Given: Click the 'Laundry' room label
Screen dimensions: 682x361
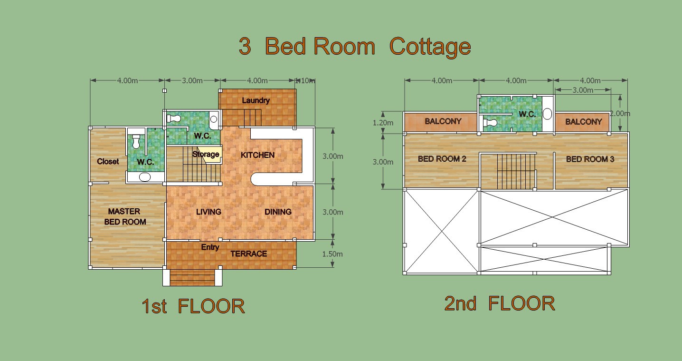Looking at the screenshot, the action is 256,101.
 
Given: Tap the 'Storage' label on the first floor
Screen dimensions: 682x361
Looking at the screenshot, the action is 206,154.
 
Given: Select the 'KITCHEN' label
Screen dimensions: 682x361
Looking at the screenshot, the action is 257,155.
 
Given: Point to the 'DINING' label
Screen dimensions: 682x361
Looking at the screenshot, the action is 278,212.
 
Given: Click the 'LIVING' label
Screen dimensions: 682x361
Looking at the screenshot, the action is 208,212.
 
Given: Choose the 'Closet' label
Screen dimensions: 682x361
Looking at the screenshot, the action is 108,161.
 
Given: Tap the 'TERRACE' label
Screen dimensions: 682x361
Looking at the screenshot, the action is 249,254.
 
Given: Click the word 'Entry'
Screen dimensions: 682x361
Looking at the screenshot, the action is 210,247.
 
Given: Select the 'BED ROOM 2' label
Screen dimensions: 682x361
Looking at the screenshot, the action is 442,159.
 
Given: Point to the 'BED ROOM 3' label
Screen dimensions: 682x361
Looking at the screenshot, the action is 590,159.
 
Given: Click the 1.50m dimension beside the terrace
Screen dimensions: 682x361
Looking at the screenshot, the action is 332,254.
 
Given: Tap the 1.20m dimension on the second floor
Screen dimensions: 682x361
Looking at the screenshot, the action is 383,123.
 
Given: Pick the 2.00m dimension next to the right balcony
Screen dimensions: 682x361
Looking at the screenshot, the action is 620,113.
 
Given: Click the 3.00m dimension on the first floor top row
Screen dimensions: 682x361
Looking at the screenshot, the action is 192,80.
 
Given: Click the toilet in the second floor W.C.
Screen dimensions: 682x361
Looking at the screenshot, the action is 490,123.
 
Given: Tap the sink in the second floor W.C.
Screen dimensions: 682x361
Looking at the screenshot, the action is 547,114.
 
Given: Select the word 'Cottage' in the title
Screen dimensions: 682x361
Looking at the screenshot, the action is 430,47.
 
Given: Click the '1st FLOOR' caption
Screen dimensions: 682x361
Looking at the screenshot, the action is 193,306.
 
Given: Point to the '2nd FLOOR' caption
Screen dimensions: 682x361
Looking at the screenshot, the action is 500,303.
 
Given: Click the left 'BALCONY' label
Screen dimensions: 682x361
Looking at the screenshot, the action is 443,121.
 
